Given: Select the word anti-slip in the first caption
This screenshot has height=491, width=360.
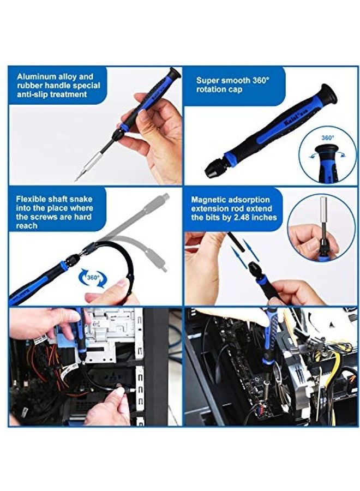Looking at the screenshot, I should [33, 94].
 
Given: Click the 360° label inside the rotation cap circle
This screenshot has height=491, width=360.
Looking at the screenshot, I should [328, 137].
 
